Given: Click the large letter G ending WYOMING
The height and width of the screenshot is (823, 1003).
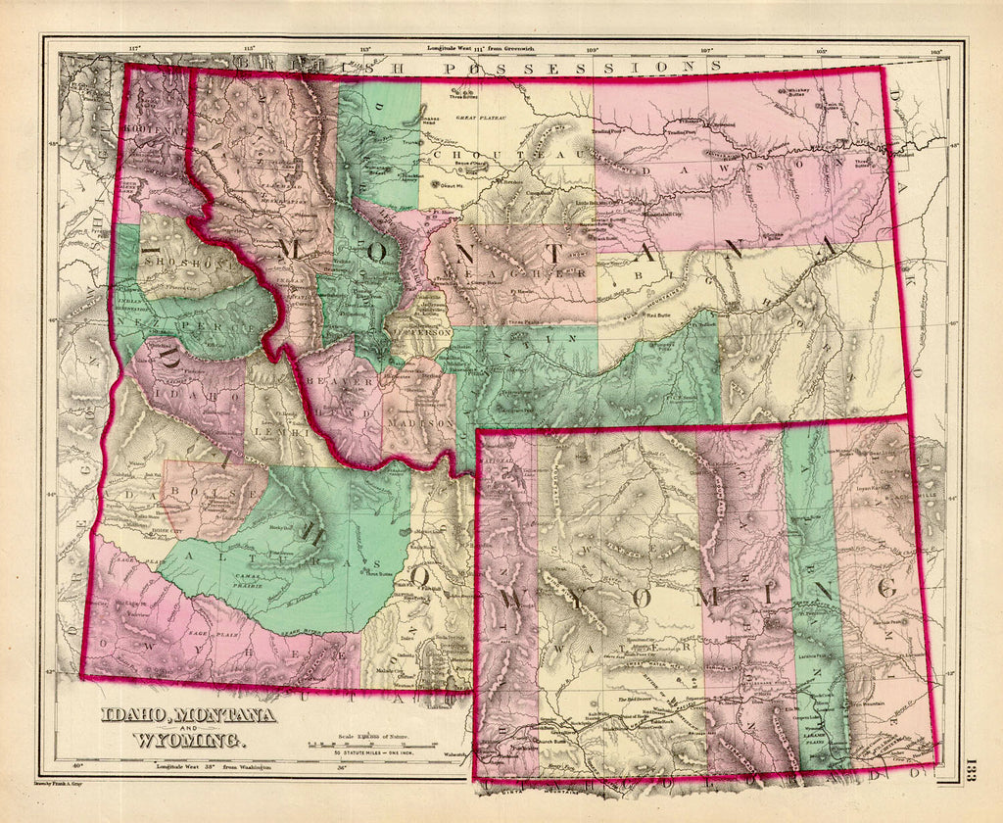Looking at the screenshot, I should (x=886, y=588).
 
